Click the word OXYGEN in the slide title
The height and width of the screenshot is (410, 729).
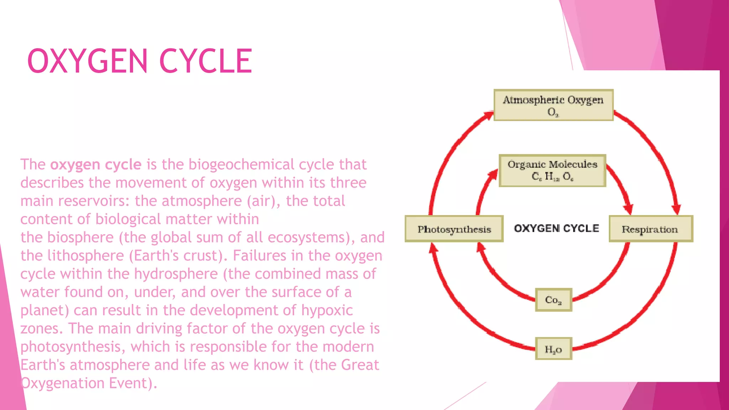(x=87, y=61)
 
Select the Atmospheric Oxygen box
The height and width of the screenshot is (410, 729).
(x=553, y=105)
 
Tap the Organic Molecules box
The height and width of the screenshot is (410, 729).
(x=552, y=170)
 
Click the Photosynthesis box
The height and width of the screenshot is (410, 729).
(x=454, y=229)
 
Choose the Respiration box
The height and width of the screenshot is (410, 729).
(x=650, y=229)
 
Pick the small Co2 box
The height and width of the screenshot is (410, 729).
(x=553, y=300)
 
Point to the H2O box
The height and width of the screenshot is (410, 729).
(x=553, y=349)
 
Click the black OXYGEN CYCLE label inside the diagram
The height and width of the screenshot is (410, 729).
(x=556, y=228)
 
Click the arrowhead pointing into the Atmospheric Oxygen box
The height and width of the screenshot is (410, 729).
(x=488, y=116)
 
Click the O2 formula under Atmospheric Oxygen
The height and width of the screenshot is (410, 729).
(x=553, y=112)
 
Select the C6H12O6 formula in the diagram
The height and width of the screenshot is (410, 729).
(x=552, y=177)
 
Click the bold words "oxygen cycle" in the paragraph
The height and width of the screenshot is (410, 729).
(x=96, y=165)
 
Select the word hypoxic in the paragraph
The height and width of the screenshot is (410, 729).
(x=327, y=310)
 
